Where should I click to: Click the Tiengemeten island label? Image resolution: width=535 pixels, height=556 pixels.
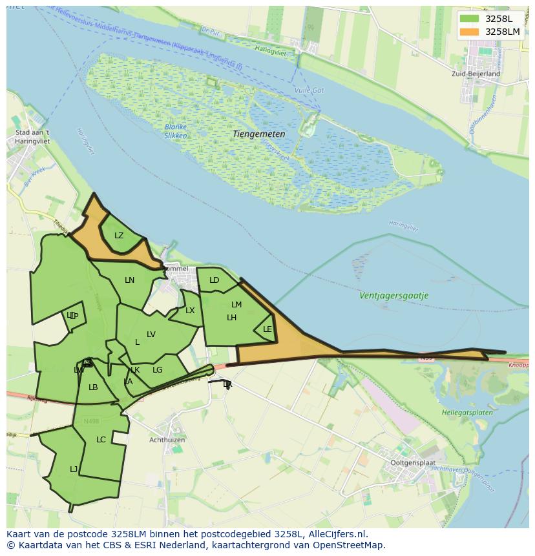point(258,134)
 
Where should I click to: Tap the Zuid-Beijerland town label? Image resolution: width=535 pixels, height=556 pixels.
point(476,74)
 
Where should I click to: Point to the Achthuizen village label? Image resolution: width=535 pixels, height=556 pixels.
point(167,440)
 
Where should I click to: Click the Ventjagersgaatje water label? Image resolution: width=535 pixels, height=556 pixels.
point(393,296)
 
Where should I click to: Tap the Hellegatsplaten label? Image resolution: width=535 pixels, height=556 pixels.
point(467,413)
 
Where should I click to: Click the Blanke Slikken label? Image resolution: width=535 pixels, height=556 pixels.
point(176,132)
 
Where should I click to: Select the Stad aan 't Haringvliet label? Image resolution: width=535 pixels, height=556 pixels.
point(32,138)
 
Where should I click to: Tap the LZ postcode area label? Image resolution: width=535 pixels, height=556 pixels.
point(119,236)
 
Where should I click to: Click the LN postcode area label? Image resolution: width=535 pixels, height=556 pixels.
point(130,280)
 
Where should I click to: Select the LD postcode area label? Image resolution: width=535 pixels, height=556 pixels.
point(215,280)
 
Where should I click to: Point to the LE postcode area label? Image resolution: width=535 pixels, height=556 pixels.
point(267,329)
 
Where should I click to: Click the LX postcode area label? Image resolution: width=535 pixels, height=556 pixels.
point(190,311)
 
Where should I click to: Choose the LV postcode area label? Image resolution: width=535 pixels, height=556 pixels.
point(151,335)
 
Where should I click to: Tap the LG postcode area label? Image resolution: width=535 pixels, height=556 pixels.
point(158,370)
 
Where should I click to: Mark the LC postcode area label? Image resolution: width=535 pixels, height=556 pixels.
point(101,440)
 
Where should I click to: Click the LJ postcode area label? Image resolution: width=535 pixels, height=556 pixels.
point(74,469)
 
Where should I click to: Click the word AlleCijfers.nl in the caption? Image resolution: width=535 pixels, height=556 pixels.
point(338,535)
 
